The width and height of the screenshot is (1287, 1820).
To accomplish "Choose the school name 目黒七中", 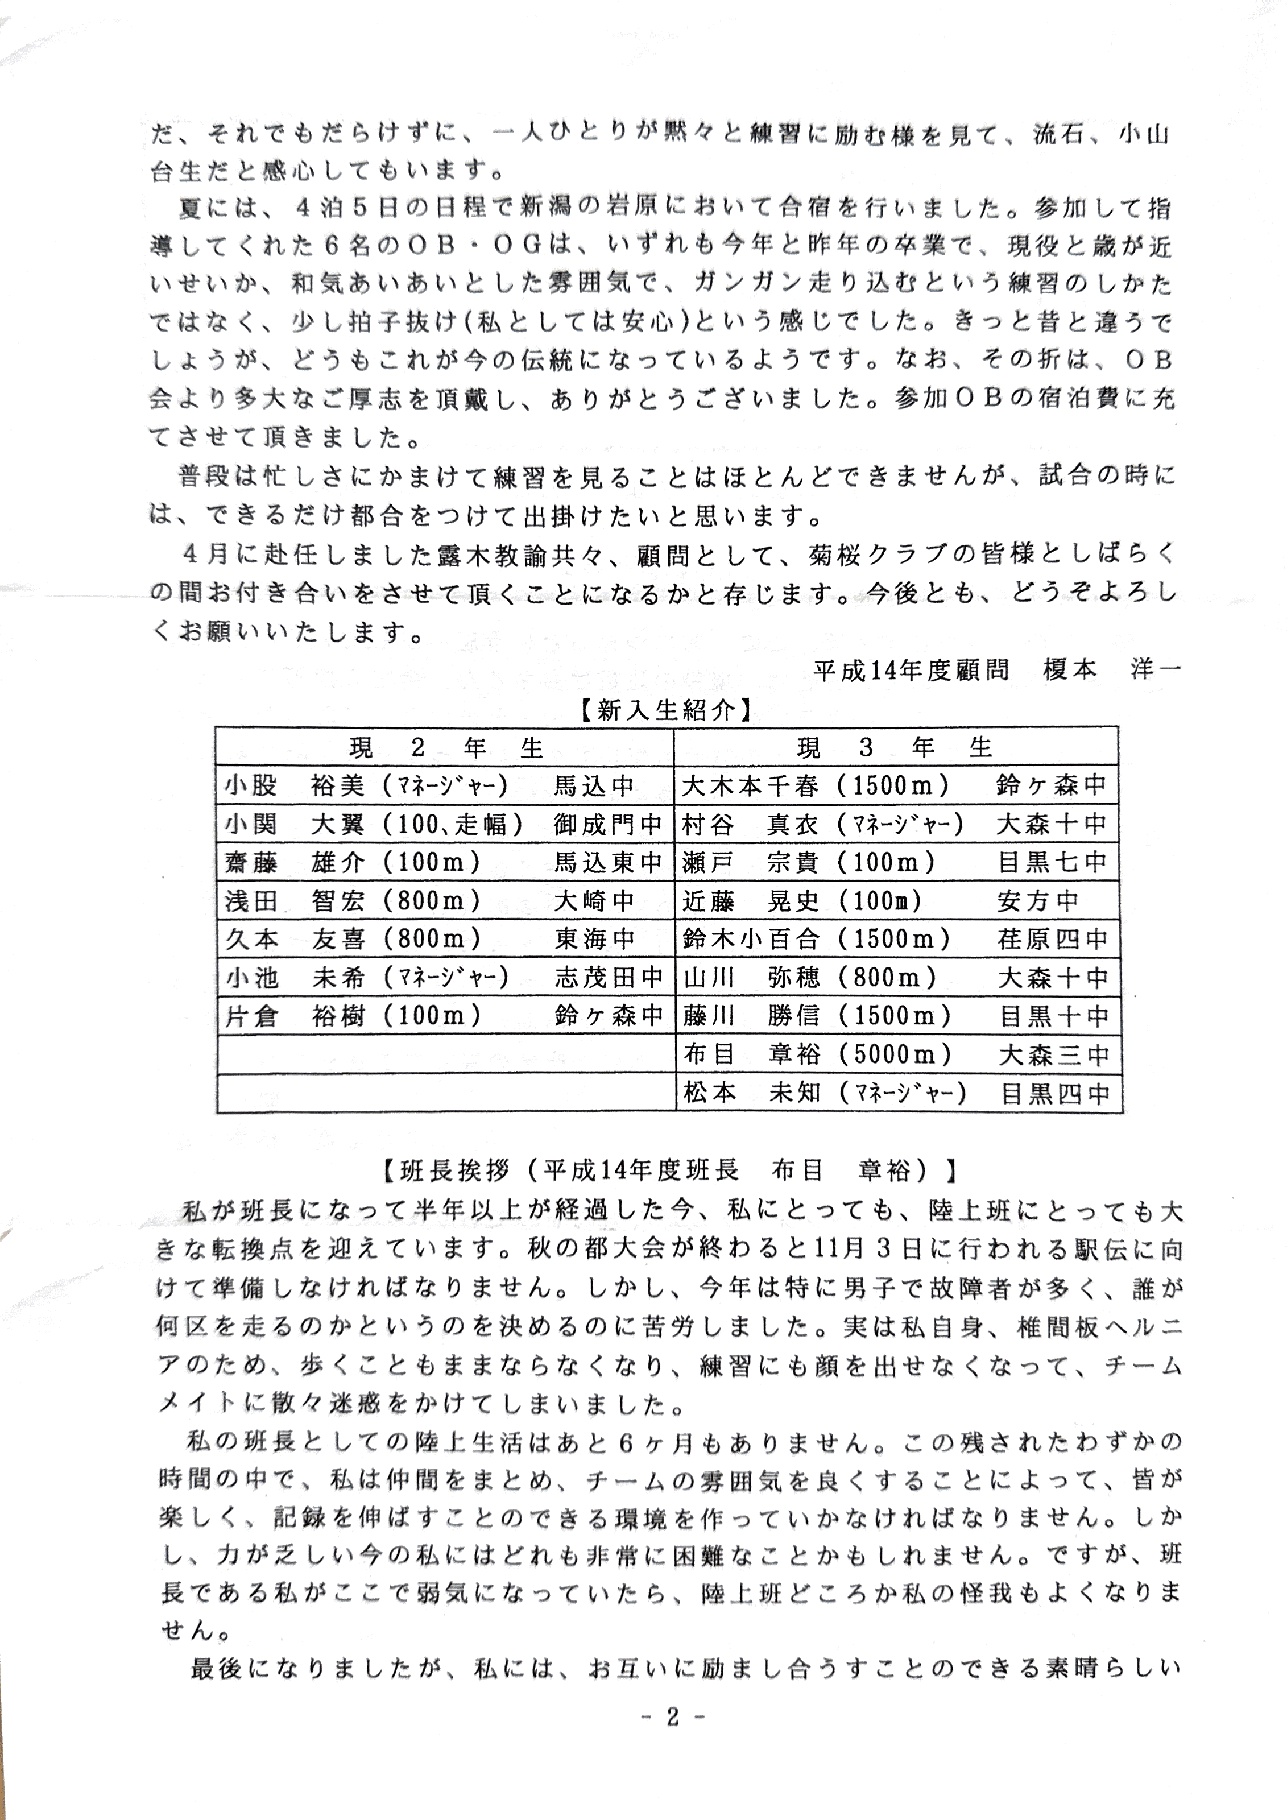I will (x=1052, y=862).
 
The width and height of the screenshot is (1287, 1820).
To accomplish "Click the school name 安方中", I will (x=1038, y=900).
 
